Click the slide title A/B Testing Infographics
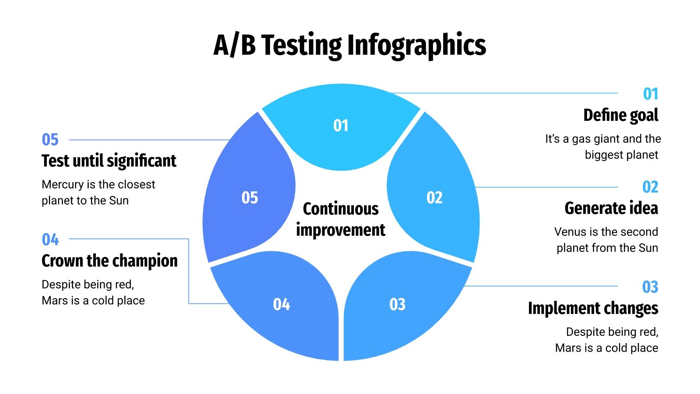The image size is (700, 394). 350,45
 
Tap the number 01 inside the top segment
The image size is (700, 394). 341,126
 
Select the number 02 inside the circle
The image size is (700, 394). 434,197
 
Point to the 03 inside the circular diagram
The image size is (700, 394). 397,304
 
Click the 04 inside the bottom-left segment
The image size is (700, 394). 281,304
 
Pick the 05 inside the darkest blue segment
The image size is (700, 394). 250,197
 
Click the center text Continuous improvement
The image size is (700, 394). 341,219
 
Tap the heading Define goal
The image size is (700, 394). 620,115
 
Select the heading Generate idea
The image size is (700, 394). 611,208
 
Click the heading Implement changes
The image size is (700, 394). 593,308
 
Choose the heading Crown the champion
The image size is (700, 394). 109,261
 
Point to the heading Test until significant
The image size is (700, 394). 109,161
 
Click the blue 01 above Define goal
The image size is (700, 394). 651,94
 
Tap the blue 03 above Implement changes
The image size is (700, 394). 650,287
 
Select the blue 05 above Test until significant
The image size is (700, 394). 50,140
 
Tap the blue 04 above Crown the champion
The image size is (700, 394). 50,239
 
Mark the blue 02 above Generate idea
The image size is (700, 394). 650,187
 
